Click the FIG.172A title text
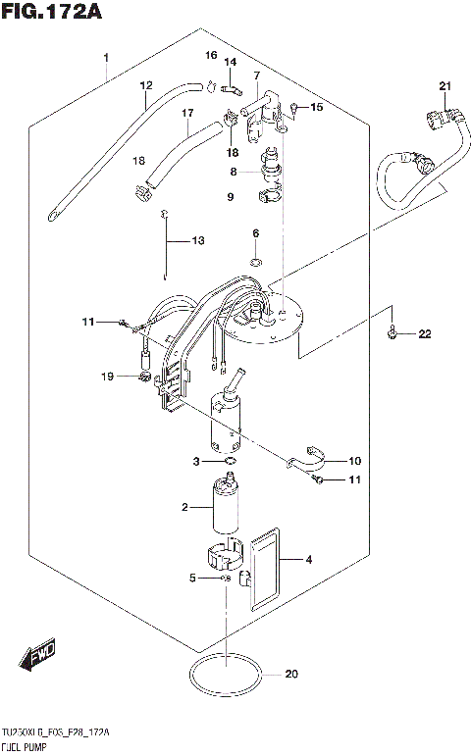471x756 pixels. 51,13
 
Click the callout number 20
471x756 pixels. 289,674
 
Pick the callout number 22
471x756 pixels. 424,335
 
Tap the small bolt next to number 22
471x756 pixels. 392,334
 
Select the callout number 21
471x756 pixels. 445,89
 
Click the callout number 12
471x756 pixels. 146,85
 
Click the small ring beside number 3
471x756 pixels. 230,461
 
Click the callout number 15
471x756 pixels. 315,107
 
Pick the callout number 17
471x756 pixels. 186,114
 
